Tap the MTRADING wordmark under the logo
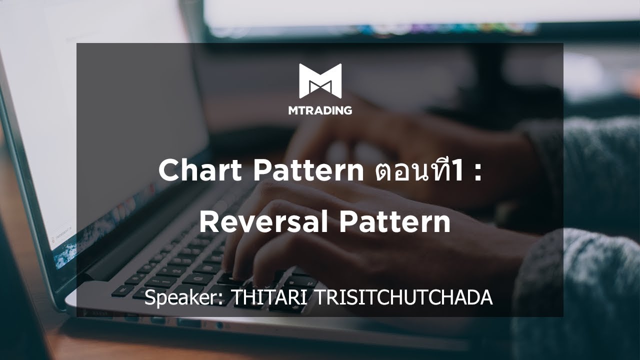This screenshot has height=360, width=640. click(320, 110)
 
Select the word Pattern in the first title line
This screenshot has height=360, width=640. click(308, 171)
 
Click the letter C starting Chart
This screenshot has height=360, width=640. click(168, 171)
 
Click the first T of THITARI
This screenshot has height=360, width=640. click(235, 298)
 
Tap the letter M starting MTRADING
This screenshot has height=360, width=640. click(293, 110)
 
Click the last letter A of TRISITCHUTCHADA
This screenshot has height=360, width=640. click(486, 298)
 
